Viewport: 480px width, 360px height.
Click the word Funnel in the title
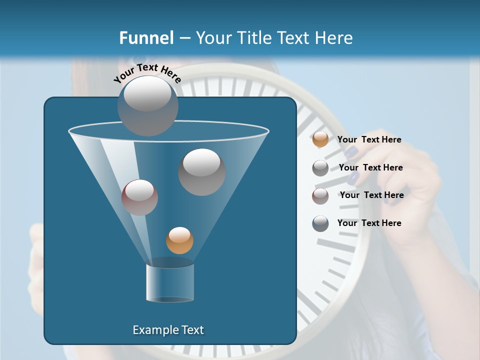[x=146, y=38]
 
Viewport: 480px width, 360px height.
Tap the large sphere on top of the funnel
[x=147, y=105]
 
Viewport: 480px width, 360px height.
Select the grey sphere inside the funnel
[x=201, y=172]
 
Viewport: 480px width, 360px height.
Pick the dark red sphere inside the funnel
[x=139, y=197]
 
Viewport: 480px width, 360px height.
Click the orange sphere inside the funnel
[x=179, y=240]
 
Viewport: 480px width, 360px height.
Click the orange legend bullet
[x=320, y=139]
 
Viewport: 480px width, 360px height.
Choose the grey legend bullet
[x=320, y=168]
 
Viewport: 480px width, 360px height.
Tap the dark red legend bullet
[x=320, y=196]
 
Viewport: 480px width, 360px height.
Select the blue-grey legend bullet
[x=320, y=223]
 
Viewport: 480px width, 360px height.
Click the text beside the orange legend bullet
[x=369, y=139]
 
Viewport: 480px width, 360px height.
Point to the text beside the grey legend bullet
[x=370, y=167]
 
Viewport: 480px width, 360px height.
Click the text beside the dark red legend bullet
[x=371, y=195]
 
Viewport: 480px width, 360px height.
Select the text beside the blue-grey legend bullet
[x=369, y=223]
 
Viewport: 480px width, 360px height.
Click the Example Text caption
[x=168, y=330]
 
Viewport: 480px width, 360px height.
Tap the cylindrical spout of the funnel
[x=169, y=282]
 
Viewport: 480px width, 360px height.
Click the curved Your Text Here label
[x=147, y=73]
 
